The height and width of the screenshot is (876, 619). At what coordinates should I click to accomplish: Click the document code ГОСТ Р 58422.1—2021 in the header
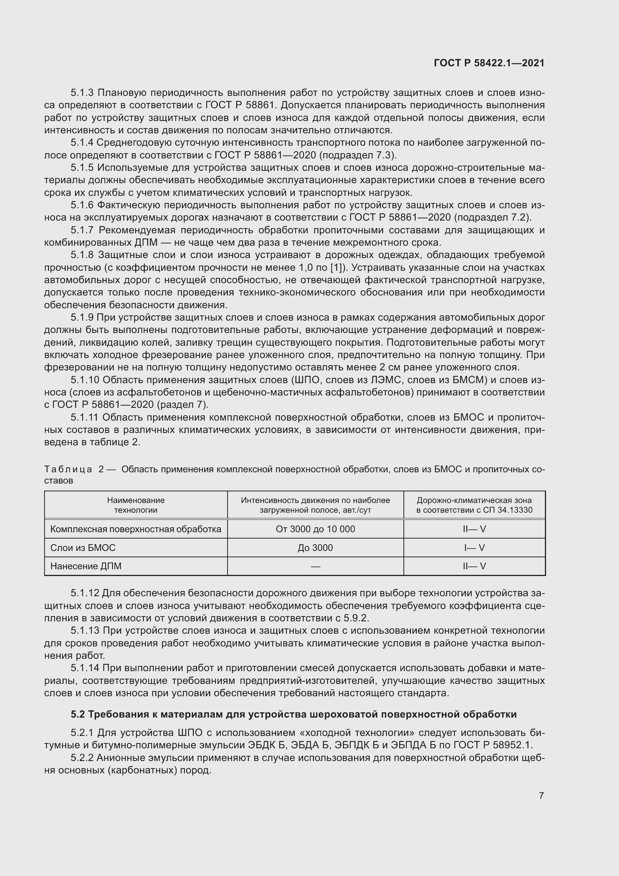coord(489,63)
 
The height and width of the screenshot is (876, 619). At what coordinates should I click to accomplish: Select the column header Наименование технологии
coord(136,505)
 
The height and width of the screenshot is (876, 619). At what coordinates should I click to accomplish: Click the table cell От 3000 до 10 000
coord(315,529)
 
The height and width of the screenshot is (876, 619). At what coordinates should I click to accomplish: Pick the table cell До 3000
coord(315,548)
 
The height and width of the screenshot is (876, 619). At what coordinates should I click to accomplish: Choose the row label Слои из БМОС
coord(83,548)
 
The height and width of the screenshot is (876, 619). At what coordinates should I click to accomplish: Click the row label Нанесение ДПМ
coord(86,566)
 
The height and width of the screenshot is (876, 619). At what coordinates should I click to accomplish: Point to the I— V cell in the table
coord(474,548)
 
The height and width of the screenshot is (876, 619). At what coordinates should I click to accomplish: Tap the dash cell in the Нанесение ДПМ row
coord(315,567)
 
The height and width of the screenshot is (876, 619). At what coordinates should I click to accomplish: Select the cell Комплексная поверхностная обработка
coord(136,529)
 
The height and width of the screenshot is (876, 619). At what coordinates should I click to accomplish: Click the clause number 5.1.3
coord(82,93)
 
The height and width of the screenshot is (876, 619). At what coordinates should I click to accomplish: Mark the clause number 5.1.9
coord(82,318)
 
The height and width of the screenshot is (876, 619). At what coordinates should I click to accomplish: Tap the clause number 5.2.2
coord(82,758)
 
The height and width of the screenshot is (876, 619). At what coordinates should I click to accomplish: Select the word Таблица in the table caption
coord(68,469)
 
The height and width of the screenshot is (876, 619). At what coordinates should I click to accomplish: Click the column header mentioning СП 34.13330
coord(474,505)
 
